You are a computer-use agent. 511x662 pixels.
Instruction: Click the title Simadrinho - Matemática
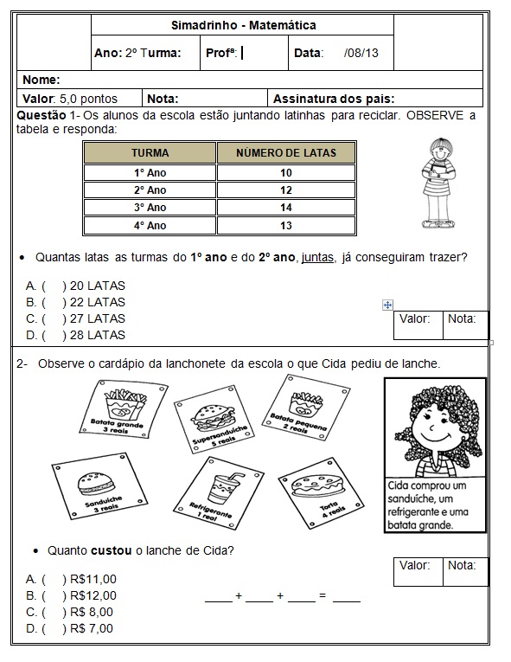click(x=244, y=25)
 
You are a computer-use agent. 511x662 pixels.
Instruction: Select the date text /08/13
click(x=361, y=53)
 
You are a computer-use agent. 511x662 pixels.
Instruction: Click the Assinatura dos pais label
click(x=334, y=99)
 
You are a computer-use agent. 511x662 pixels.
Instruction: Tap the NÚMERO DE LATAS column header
click(x=286, y=153)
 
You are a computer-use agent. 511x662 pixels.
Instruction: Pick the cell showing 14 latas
click(x=286, y=208)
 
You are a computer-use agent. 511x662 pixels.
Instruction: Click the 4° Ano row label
click(x=150, y=226)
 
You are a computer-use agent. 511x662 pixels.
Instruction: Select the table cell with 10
click(x=286, y=173)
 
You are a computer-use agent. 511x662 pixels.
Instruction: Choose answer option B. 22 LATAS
click(x=75, y=302)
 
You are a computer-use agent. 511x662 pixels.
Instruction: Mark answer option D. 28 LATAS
click(x=75, y=335)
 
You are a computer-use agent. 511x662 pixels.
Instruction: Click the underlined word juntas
click(x=317, y=257)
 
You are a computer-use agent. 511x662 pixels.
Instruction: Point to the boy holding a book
click(x=440, y=183)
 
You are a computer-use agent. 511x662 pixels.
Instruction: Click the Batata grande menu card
click(x=124, y=408)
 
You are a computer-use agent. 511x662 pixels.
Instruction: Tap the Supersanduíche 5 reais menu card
click(x=214, y=419)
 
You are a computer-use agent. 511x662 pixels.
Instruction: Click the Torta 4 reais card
click(x=321, y=492)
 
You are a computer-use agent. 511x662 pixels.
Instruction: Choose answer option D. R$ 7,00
click(x=70, y=628)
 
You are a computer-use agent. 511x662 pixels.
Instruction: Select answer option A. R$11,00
click(x=71, y=579)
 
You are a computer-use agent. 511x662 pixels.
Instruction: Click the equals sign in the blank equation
click(x=323, y=595)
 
